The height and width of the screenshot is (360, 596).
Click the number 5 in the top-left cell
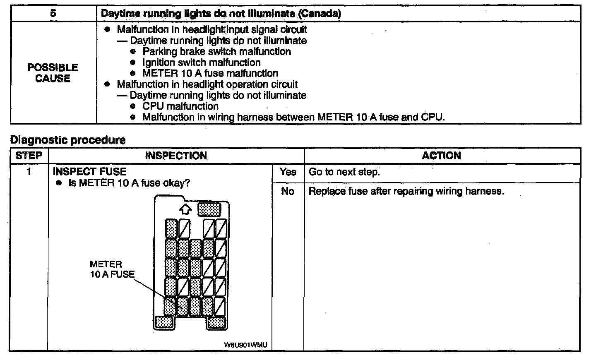[53, 13]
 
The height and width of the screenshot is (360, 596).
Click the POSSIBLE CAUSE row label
[53, 73]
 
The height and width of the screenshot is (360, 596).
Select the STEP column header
[29, 156]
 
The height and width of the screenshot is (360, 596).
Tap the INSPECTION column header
[176, 156]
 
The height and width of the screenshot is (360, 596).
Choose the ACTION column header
[441, 156]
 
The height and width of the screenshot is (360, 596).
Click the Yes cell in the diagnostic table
[288, 172]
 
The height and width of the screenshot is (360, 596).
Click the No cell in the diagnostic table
[288, 191]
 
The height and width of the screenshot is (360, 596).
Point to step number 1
[29, 172]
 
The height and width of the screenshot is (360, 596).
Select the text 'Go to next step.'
[344, 172]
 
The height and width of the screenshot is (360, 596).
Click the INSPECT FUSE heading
[90, 172]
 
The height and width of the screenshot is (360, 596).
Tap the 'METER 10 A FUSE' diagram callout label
[112, 269]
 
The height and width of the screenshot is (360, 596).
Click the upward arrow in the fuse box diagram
[185, 209]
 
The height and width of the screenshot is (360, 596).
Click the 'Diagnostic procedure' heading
[68, 140]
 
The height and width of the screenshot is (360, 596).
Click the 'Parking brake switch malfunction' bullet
[216, 52]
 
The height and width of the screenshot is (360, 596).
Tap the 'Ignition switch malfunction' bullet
[202, 62]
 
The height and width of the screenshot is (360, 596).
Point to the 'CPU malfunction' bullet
[180, 106]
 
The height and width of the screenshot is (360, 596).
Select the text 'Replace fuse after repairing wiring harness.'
[406, 192]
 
